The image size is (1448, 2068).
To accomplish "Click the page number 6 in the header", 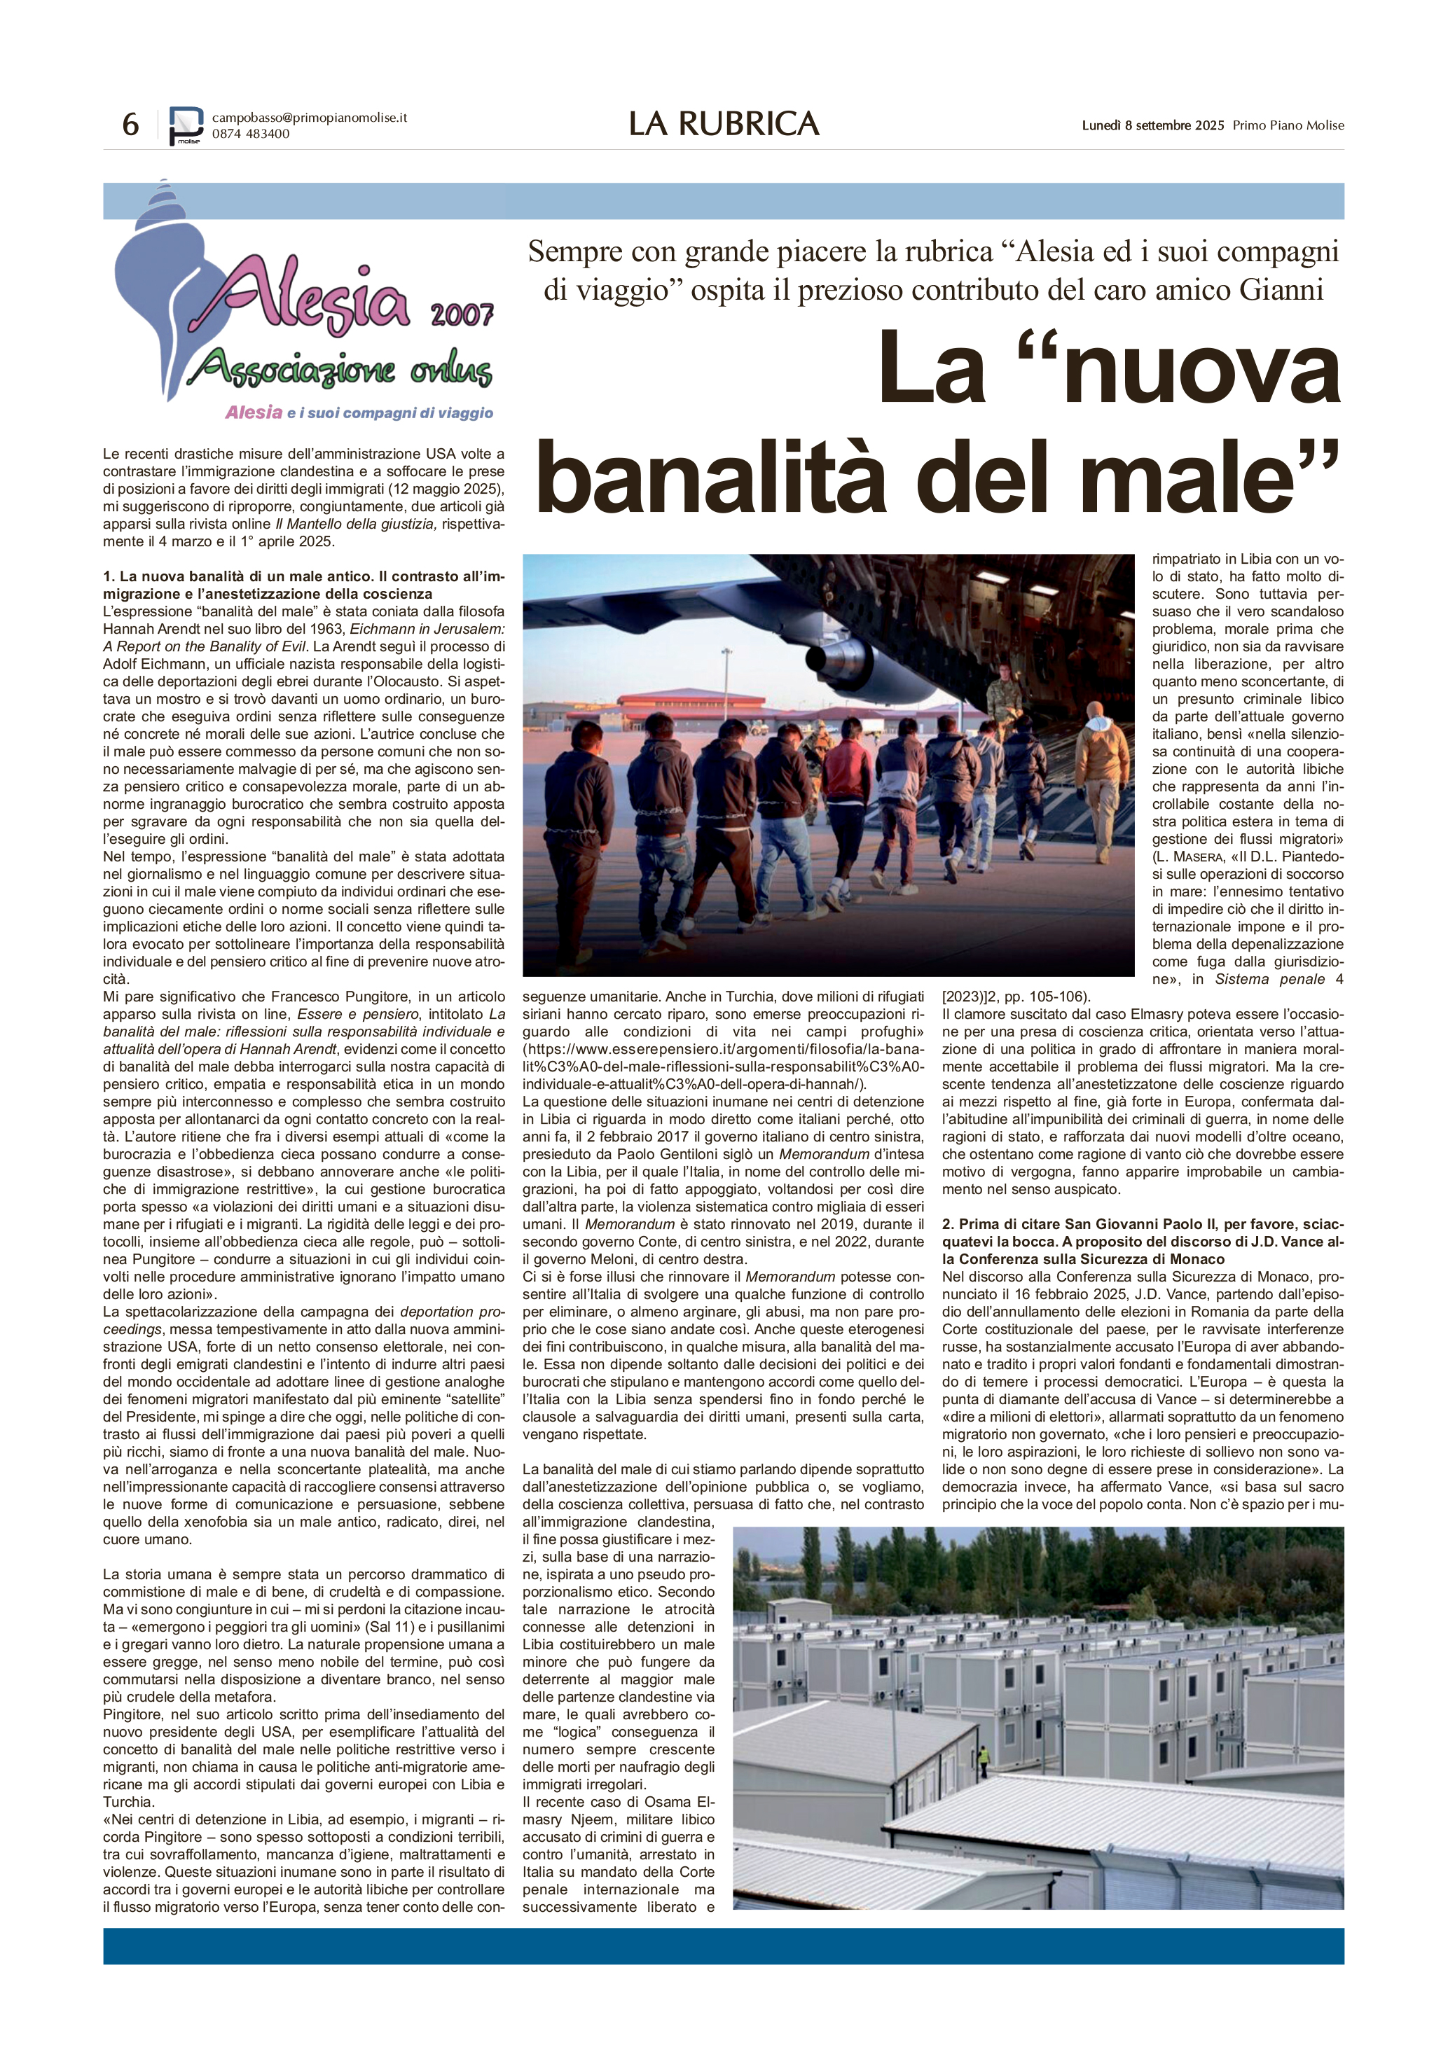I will (x=131, y=124).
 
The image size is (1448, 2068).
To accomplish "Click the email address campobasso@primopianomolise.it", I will (x=309, y=117).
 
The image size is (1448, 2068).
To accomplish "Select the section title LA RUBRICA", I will (x=724, y=124).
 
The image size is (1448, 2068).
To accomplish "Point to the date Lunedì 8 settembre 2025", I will (x=1152, y=125).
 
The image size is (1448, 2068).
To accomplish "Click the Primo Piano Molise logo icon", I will (x=186, y=125).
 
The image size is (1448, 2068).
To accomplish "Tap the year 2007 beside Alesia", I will (x=462, y=314).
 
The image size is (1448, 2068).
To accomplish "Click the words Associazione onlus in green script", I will (x=343, y=368).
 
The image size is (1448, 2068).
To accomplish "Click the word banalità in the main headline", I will (x=712, y=478).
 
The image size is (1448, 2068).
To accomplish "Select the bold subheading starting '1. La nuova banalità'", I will (x=303, y=585).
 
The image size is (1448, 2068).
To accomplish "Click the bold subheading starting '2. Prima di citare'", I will (x=1143, y=1240).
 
